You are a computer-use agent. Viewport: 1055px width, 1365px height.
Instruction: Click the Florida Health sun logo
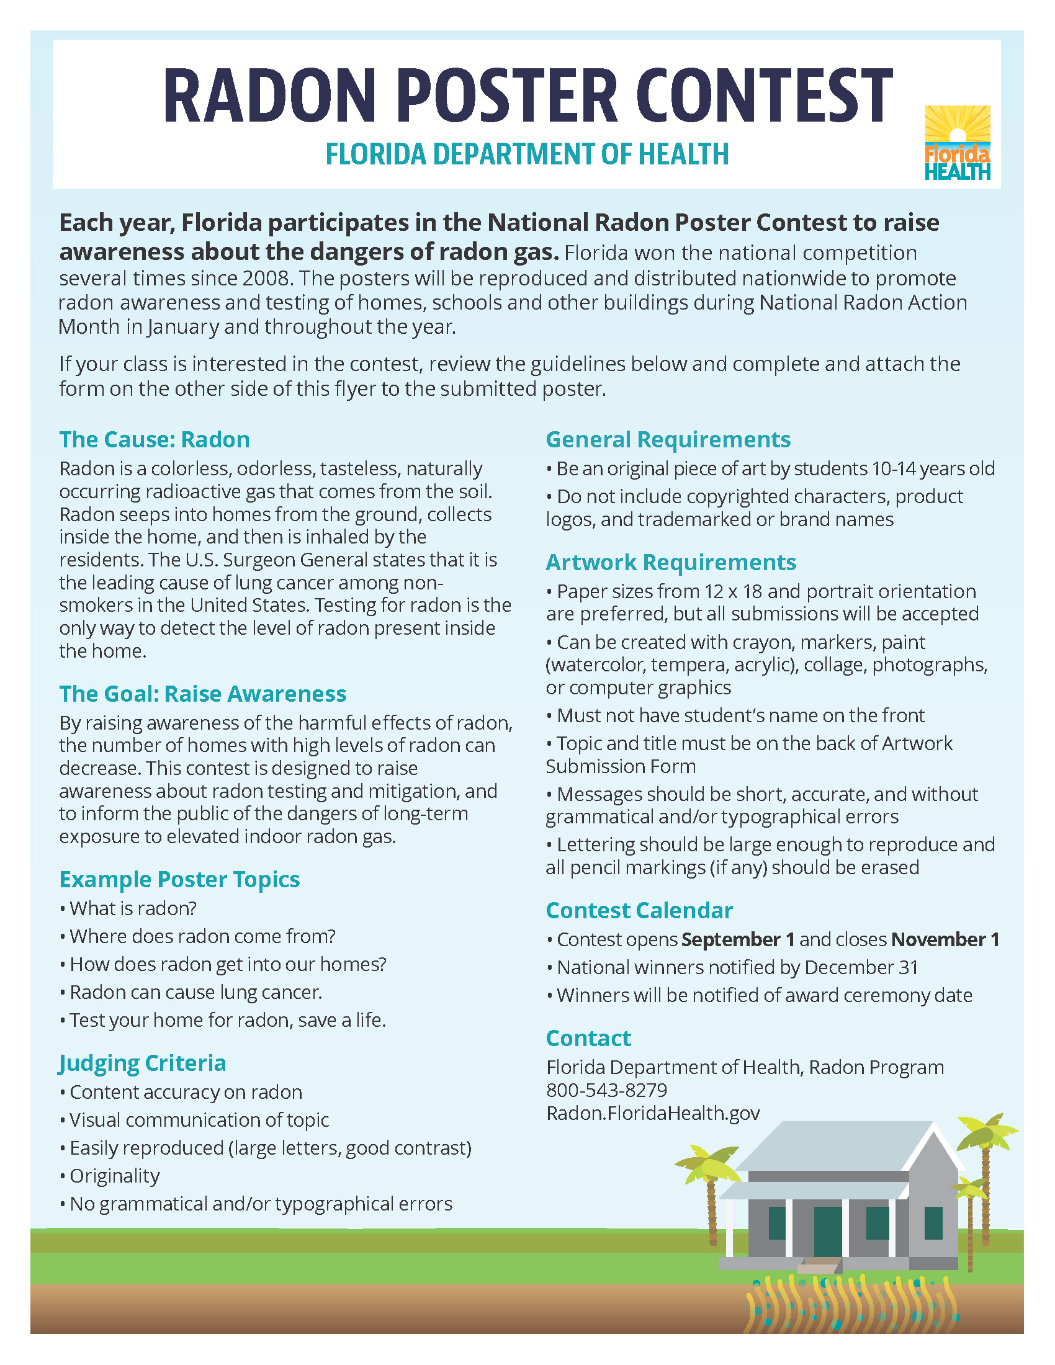[x=957, y=143]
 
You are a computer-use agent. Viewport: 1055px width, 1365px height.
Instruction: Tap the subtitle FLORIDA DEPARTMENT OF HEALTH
[x=527, y=154]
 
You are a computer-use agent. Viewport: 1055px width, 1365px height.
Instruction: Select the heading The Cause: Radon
[x=155, y=439]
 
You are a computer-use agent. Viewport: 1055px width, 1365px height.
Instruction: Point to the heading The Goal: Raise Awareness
[x=202, y=694]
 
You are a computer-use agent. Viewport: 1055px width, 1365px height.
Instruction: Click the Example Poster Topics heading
[x=179, y=879]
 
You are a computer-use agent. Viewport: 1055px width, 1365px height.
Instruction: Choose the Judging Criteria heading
[x=143, y=1062]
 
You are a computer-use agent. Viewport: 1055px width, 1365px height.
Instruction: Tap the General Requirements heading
[x=668, y=439]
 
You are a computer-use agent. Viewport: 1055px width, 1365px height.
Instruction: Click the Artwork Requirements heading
[x=671, y=562]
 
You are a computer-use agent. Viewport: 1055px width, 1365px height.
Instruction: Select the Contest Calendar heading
[x=639, y=910]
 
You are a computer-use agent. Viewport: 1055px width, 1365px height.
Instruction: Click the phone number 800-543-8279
[x=606, y=1090]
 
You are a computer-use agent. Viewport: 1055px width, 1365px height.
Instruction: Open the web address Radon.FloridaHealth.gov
[x=652, y=1113]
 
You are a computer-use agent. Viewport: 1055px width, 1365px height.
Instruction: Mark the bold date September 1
[x=737, y=939]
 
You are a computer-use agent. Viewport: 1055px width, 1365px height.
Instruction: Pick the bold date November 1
[x=945, y=939]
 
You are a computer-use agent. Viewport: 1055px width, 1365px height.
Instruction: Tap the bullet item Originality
[x=114, y=1176]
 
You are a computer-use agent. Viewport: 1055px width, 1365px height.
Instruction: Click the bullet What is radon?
[x=133, y=908]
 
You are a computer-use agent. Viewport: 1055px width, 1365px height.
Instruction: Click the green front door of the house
[x=827, y=1231]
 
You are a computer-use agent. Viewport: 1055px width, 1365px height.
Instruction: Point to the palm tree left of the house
[x=711, y=1188]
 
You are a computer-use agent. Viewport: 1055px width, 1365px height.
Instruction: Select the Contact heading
[x=588, y=1037]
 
